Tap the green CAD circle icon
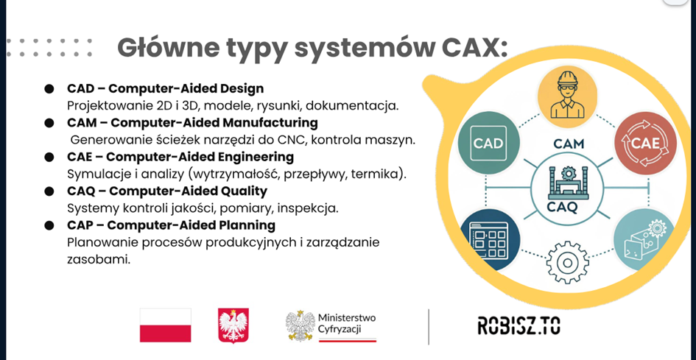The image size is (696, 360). click(x=488, y=143)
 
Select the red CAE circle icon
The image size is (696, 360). click(x=646, y=143)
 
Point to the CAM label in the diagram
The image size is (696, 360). click(x=569, y=144)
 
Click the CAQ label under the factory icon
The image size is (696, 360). click(x=562, y=207)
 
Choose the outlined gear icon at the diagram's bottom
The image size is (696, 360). click(x=567, y=263)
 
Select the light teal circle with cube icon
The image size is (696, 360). click(x=644, y=240)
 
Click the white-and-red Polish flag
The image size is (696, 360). click(x=166, y=325)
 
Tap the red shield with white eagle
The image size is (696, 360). click(x=233, y=326)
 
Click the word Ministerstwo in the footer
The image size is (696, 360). click(x=347, y=318)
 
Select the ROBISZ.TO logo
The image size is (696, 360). click(x=519, y=325)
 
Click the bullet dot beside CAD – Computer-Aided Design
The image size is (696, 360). click(x=49, y=89)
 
